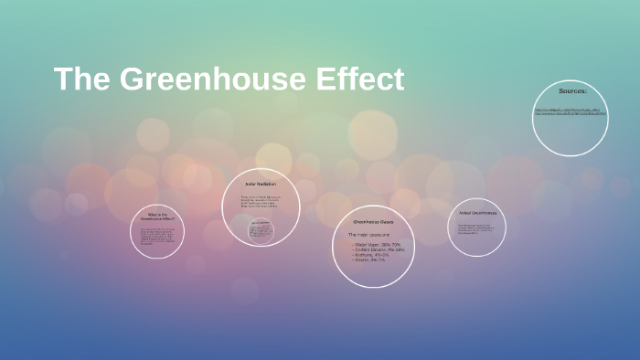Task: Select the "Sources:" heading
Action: click(x=572, y=91)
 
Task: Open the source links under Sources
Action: click(x=571, y=113)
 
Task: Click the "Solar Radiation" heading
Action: click(x=261, y=185)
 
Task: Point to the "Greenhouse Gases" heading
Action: click(x=373, y=222)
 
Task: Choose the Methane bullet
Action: click(x=371, y=257)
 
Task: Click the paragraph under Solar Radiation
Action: click(x=261, y=202)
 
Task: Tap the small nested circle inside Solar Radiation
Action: click(x=261, y=230)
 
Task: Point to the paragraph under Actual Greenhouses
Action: click(x=476, y=228)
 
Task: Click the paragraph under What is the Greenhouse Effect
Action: click(x=157, y=238)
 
